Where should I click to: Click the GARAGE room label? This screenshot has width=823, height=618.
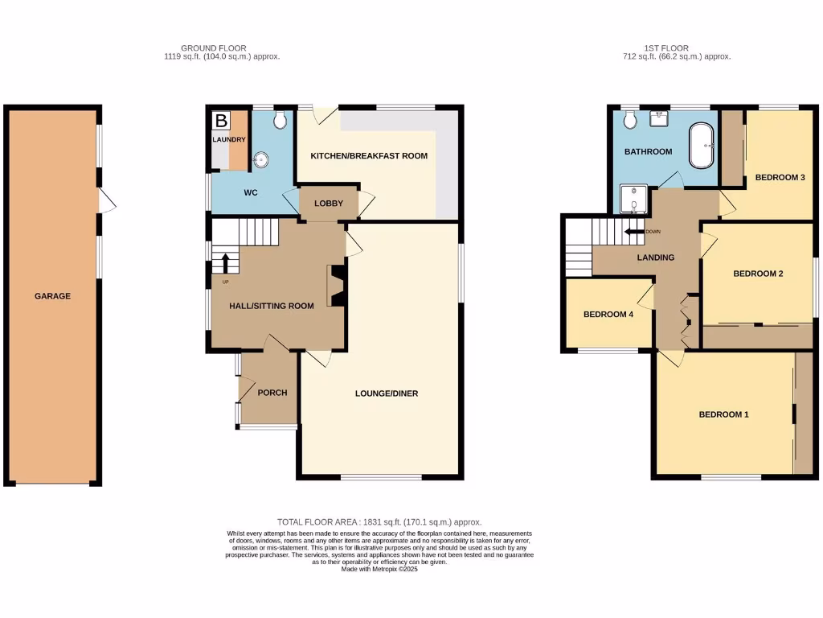[52, 296]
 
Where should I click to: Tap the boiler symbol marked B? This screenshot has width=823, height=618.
[220, 122]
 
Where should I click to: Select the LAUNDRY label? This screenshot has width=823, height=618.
[229, 140]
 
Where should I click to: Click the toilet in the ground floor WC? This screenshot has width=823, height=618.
[280, 120]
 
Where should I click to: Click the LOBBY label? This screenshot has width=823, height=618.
[329, 204]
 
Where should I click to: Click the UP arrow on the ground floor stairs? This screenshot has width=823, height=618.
[226, 262]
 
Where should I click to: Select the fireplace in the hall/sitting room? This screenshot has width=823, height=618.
[335, 286]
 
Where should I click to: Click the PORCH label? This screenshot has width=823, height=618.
[272, 393]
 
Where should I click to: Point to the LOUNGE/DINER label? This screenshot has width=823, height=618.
[387, 393]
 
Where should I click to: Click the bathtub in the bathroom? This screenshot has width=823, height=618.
[702, 146]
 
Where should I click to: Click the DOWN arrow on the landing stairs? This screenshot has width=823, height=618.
[635, 232]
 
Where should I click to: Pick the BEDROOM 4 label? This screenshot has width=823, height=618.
[608, 315]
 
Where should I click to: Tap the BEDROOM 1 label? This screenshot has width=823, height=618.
[723, 415]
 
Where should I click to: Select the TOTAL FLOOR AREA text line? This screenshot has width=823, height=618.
[379, 522]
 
